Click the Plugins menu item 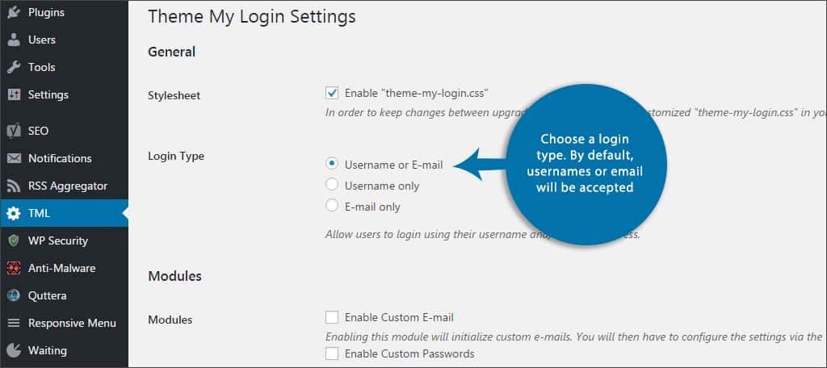[x=46, y=13]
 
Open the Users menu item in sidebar [x=41, y=40]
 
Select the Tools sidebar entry [x=41, y=67]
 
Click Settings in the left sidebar [x=48, y=94]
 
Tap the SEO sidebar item [x=38, y=131]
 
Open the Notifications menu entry [x=59, y=158]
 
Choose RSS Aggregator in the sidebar [x=67, y=186]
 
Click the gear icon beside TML [x=14, y=213]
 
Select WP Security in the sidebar [x=57, y=240]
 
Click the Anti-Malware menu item [x=61, y=268]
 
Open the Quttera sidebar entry [x=47, y=295]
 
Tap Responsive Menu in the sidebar [x=72, y=323]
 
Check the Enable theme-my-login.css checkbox [x=332, y=93]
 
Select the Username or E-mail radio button [x=332, y=164]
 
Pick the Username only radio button [x=332, y=185]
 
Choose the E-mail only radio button [x=332, y=206]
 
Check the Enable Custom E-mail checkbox [x=332, y=317]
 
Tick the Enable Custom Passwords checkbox [x=332, y=353]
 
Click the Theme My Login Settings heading [x=251, y=15]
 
